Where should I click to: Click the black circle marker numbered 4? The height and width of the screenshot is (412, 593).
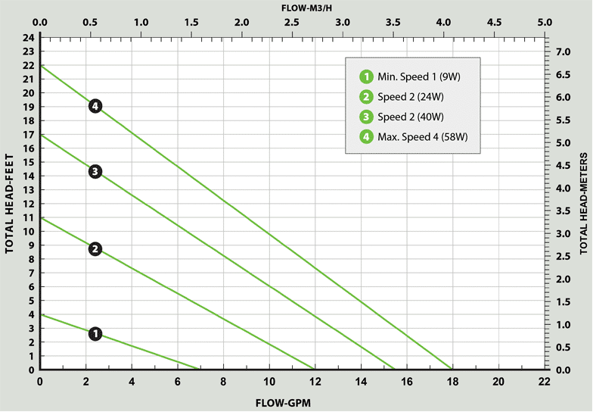tap(95, 106)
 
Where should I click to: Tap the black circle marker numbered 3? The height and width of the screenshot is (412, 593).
tap(95, 172)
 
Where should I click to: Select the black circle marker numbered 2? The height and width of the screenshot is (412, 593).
tap(95, 249)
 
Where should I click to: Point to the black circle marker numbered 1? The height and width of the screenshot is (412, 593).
tap(95, 334)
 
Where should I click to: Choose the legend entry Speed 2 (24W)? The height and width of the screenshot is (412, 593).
tap(402, 96)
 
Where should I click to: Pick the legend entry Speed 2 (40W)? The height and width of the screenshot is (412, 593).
tap(402, 117)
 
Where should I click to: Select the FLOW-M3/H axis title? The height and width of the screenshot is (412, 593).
tap(292, 7)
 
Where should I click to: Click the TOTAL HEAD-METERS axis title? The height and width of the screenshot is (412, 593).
tap(584, 204)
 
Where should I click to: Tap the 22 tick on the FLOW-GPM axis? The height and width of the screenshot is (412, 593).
tap(544, 382)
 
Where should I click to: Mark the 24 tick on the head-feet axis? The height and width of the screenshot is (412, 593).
tap(29, 37)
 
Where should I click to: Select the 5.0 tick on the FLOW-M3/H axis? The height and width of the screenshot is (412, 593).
tap(544, 22)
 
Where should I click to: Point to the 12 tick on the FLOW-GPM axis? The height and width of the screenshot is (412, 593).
tap(315, 382)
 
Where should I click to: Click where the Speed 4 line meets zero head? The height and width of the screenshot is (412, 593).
tap(452, 370)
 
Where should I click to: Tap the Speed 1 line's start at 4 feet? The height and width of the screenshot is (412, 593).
tap(41, 314)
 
